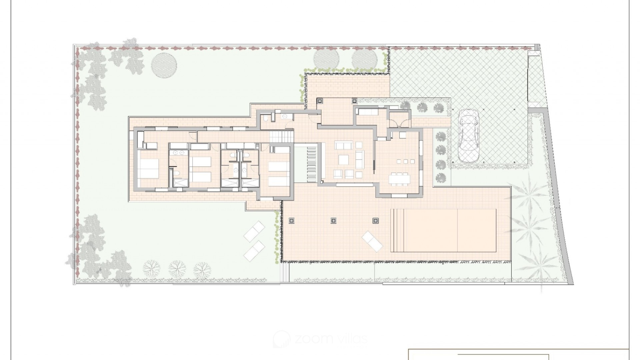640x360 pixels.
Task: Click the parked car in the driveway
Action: [x=469, y=137]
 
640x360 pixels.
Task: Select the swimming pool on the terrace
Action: [x=443, y=230]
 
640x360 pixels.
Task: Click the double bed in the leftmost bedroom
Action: [x=148, y=169]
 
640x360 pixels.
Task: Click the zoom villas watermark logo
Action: [x=320, y=339]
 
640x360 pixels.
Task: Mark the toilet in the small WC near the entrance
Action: [x=265, y=119]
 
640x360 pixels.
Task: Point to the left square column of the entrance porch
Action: [x=319, y=100]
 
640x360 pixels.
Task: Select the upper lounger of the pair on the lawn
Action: [x=254, y=231]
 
